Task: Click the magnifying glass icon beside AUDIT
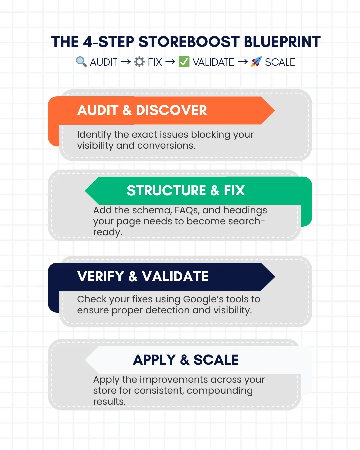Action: pyautogui.click(x=81, y=62)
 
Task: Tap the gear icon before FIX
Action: pyautogui.click(x=139, y=62)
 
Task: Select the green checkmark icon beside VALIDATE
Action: pyautogui.click(x=184, y=62)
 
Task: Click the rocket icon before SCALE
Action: pyautogui.click(x=256, y=62)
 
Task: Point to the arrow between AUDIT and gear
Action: pyautogui.click(x=126, y=62)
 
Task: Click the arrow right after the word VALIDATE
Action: pyautogui.click(x=243, y=62)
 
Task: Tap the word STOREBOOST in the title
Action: pyautogui.click(x=189, y=42)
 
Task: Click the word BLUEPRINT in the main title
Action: pyautogui.click(x=282, y=42)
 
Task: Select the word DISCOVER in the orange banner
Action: pyautogui.click(x=171, y=110)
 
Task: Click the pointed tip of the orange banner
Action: pyautogui.click(x=275, y=110)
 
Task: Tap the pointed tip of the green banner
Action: pyautogui.click(x=85, y=190)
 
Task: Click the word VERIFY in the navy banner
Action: pyautogui.click(x=101, y=276)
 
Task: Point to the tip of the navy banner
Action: pyautogui.click(x=275, y=277)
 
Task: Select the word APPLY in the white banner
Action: pyautogui.click(x=154, y=360)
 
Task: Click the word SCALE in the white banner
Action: pyautogui.click(x=216, y=360)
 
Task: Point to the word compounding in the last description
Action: pyautogui.click(x=220, y=391)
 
